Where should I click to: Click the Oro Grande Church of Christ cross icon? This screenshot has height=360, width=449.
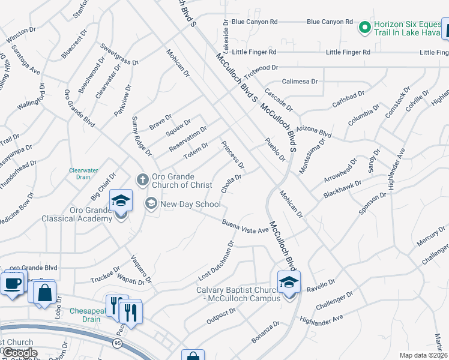coord(143,179)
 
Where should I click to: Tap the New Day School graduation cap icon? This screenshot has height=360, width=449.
coord(151,204)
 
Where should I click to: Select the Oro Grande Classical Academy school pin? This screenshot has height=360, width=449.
coord(120,200)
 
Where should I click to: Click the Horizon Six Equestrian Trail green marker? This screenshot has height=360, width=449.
coord(364,27)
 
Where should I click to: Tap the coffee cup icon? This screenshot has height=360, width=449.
coord(11,283)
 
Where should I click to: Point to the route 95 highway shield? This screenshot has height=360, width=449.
coord(117,343)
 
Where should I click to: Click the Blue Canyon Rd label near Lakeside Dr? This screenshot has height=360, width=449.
coord(254,22)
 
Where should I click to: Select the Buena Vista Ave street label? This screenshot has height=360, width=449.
coord(245,227)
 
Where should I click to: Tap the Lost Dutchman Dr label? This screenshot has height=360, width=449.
coord(215,262)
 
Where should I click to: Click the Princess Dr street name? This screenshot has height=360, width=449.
coord(233,155)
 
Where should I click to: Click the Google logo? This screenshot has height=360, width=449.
coord(19,353)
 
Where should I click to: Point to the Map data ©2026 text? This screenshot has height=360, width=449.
coord(423,355)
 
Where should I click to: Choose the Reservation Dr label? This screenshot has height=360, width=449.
coord(188,139)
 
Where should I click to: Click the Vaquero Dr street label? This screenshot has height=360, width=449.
coord(141,270)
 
